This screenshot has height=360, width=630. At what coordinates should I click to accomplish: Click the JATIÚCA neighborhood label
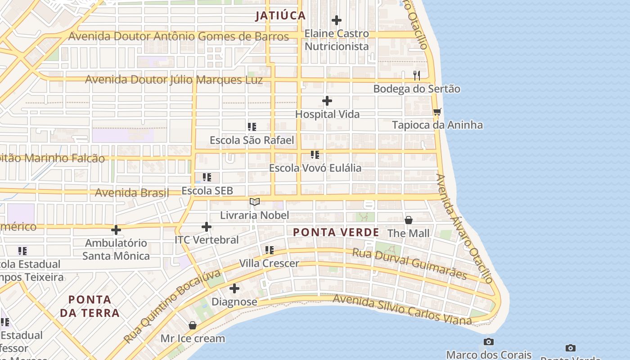coord(280,16)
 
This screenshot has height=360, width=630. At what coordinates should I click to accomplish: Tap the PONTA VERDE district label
coord(336,232)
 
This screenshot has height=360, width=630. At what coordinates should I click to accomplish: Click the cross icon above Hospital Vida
coord(327,101)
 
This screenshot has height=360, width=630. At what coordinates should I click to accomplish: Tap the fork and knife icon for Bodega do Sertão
coord(417,75)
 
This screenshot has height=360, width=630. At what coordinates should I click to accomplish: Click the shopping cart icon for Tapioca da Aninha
coord(437,112)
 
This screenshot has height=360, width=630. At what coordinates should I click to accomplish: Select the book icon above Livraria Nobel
coord(255,202)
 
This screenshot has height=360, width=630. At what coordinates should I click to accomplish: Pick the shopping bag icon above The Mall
coord(409,220)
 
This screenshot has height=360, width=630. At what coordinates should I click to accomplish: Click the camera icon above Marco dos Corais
coord(488,342)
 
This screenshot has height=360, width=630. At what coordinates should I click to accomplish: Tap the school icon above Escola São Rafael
coord(252,127)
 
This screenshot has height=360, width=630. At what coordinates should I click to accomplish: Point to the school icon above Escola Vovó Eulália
coord(315,155)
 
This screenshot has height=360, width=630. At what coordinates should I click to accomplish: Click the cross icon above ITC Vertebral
coord(207,227)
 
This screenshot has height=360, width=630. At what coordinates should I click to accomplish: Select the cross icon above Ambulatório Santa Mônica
coord(116,230)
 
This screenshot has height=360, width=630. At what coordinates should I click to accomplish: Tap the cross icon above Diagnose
coord(234,288)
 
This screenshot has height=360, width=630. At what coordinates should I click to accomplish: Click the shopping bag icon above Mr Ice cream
coord(193,325)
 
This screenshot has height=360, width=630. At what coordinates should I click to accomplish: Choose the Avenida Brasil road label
coord(131,193)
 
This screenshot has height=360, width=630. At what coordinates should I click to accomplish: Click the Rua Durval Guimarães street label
coord(409,263)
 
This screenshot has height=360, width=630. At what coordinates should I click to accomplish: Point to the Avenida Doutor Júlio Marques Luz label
coord(174,80)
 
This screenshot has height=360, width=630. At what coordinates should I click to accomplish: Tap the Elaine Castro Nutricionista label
coord(337,40)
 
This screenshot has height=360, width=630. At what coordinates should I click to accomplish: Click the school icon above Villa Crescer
coord(269,250)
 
